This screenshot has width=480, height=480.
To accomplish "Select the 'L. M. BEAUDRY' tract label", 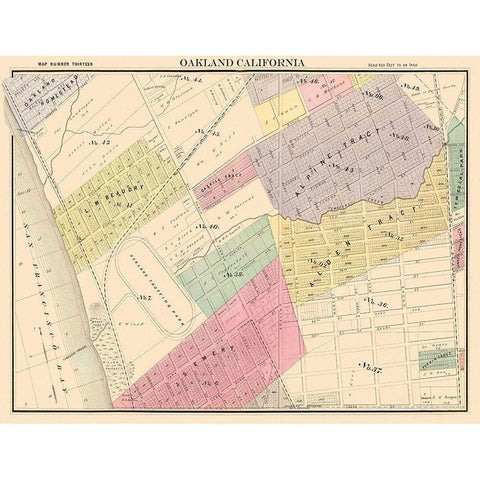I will (x=112, y=193).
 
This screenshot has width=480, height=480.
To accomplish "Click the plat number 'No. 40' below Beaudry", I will (x=210, y=227).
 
